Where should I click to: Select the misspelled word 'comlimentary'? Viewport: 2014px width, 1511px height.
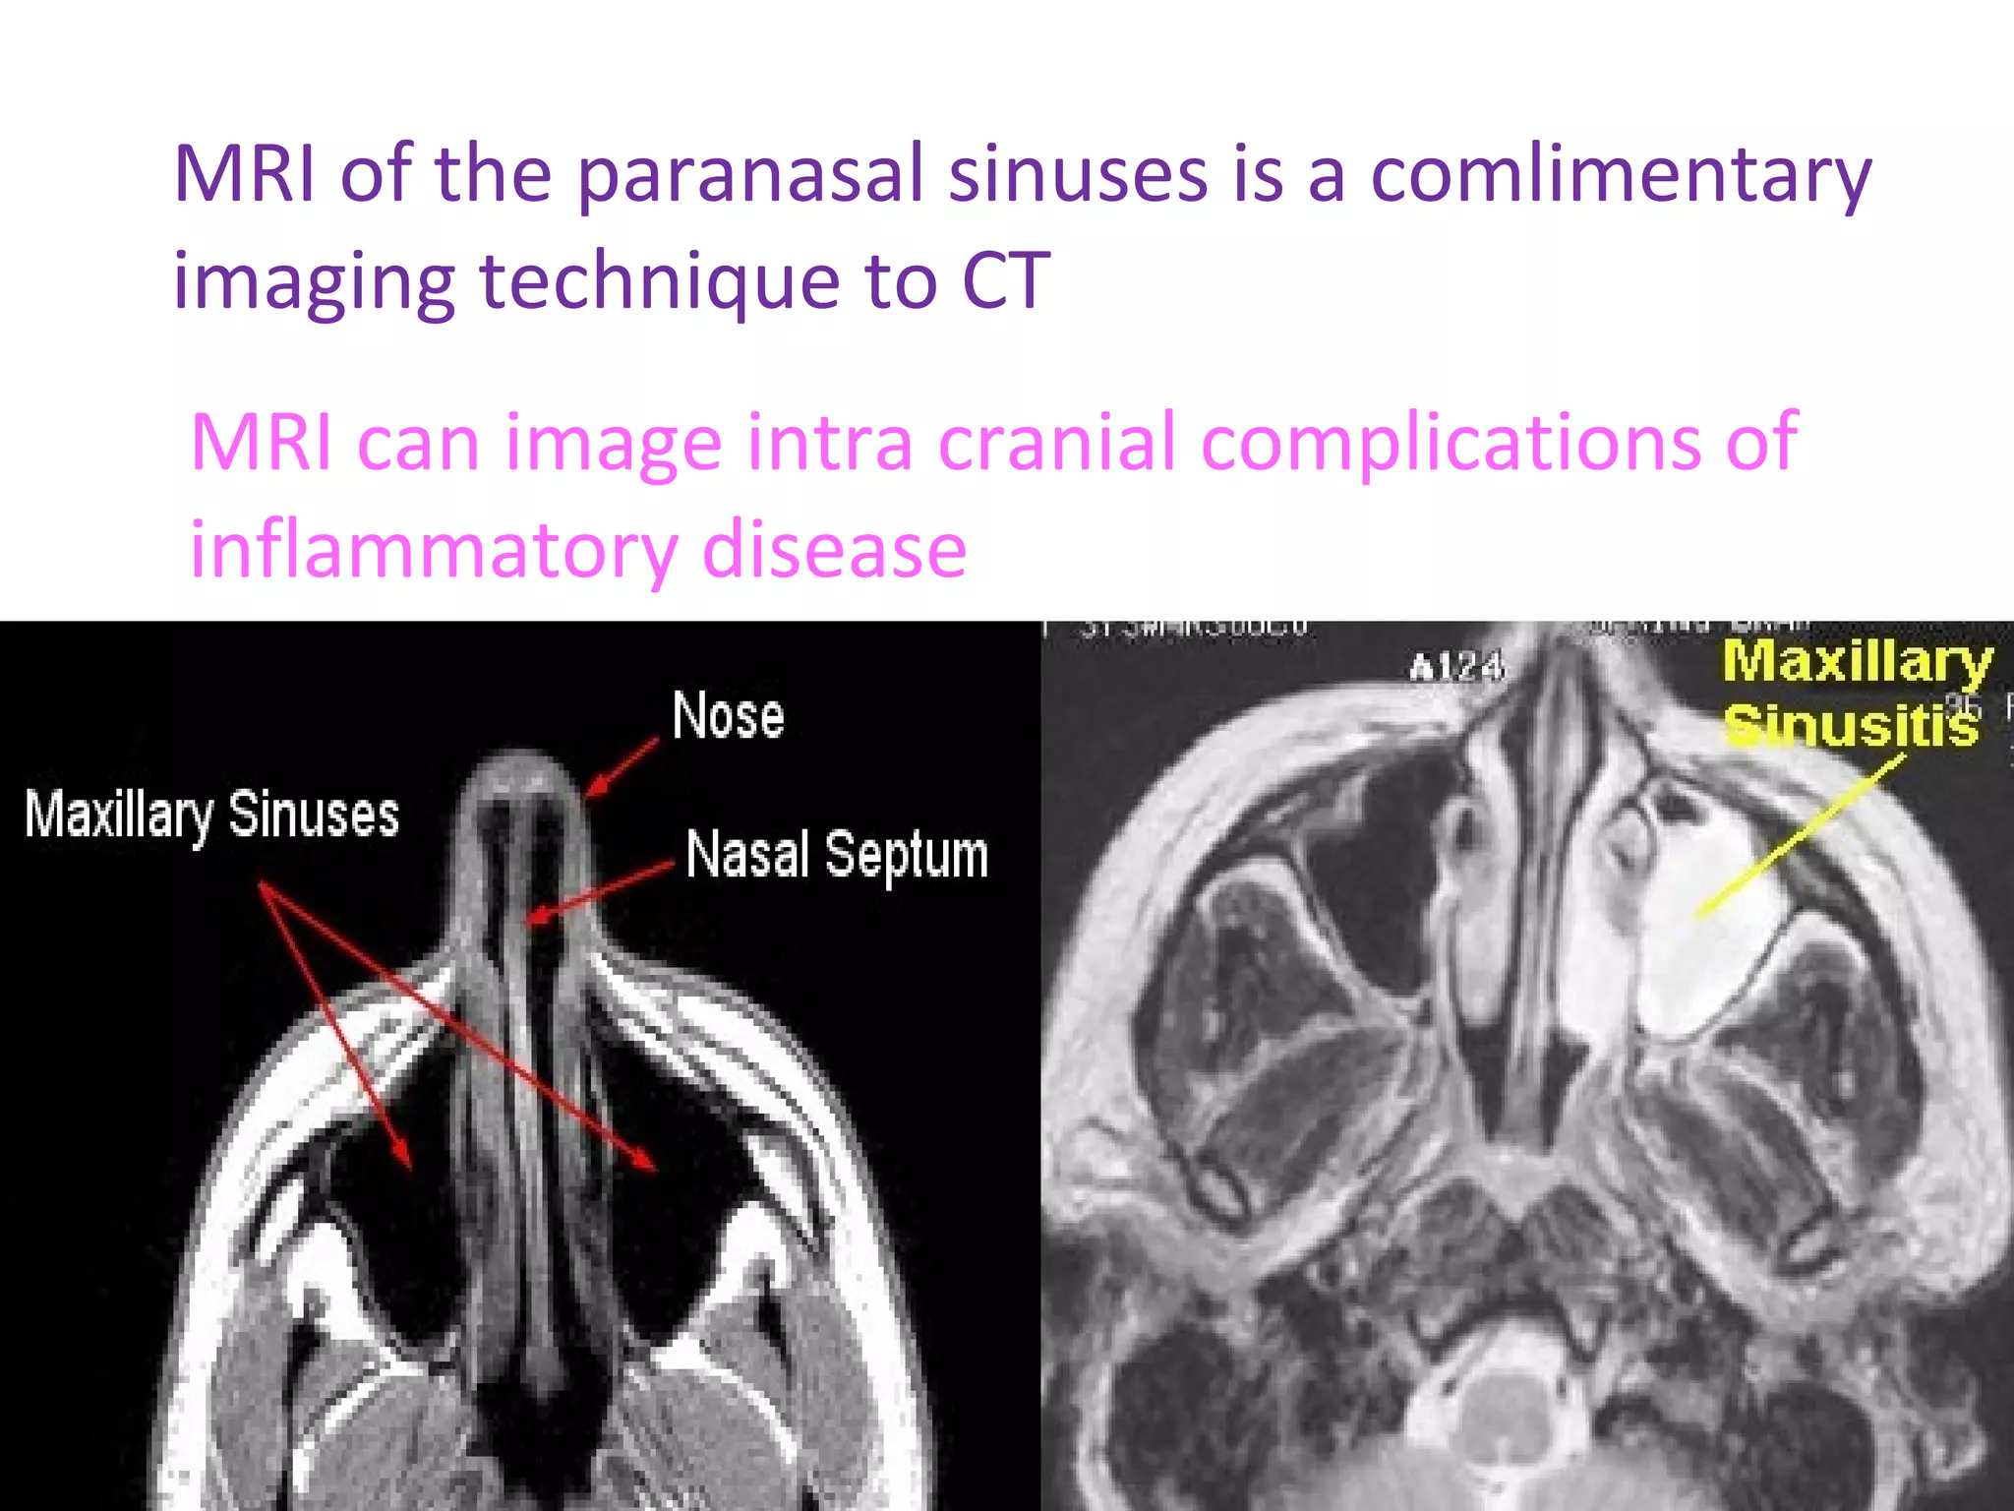point(1621,175)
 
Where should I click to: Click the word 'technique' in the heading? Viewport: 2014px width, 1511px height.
point(659,281)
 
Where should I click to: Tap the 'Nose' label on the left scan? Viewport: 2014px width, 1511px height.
point(728,715)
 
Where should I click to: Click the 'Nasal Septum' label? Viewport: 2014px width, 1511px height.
point(836,854)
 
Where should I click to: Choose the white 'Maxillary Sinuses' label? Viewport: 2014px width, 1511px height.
point(211,815)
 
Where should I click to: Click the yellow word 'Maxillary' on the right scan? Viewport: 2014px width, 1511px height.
point(1857,661)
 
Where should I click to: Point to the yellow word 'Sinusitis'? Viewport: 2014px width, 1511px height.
point(1851,725)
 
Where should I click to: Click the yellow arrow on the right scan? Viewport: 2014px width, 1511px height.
point(1800,836)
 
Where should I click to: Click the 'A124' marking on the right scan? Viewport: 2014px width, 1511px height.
point(1456,669)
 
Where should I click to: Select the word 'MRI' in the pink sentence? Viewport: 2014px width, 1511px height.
point(260,443)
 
